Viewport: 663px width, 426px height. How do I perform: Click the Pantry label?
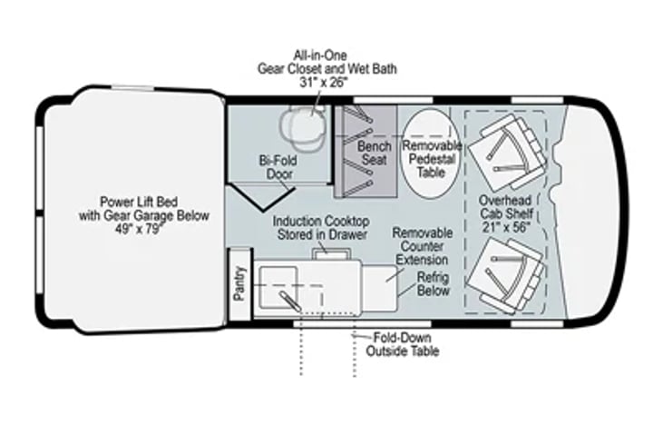[239, 283]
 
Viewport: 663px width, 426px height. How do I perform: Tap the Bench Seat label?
[375, 153]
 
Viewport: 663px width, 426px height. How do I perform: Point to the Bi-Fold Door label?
[278, 167]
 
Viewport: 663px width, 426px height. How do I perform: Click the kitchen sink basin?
[278, 287]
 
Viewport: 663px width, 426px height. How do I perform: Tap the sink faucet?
[289, 301]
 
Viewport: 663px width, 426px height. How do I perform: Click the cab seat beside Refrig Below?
[505, 275]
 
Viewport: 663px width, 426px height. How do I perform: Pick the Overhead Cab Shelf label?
[506, 207]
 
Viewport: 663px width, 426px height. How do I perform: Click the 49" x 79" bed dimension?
[139, 229]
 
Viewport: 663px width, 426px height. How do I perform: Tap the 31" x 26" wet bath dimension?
[324, 82]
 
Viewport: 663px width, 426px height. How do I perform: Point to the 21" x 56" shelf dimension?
[507, 227]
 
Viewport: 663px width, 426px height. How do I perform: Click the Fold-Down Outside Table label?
[402, 344]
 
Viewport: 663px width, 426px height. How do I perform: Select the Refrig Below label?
[433, 283]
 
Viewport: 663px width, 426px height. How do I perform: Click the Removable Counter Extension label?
[422, 246]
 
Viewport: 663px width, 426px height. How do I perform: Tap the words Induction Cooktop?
[321, 221]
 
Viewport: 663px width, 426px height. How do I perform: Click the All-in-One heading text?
[320, 55]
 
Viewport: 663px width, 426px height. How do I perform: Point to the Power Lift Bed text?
[139, 201]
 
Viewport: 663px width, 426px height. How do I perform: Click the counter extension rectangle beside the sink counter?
[381, 288]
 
